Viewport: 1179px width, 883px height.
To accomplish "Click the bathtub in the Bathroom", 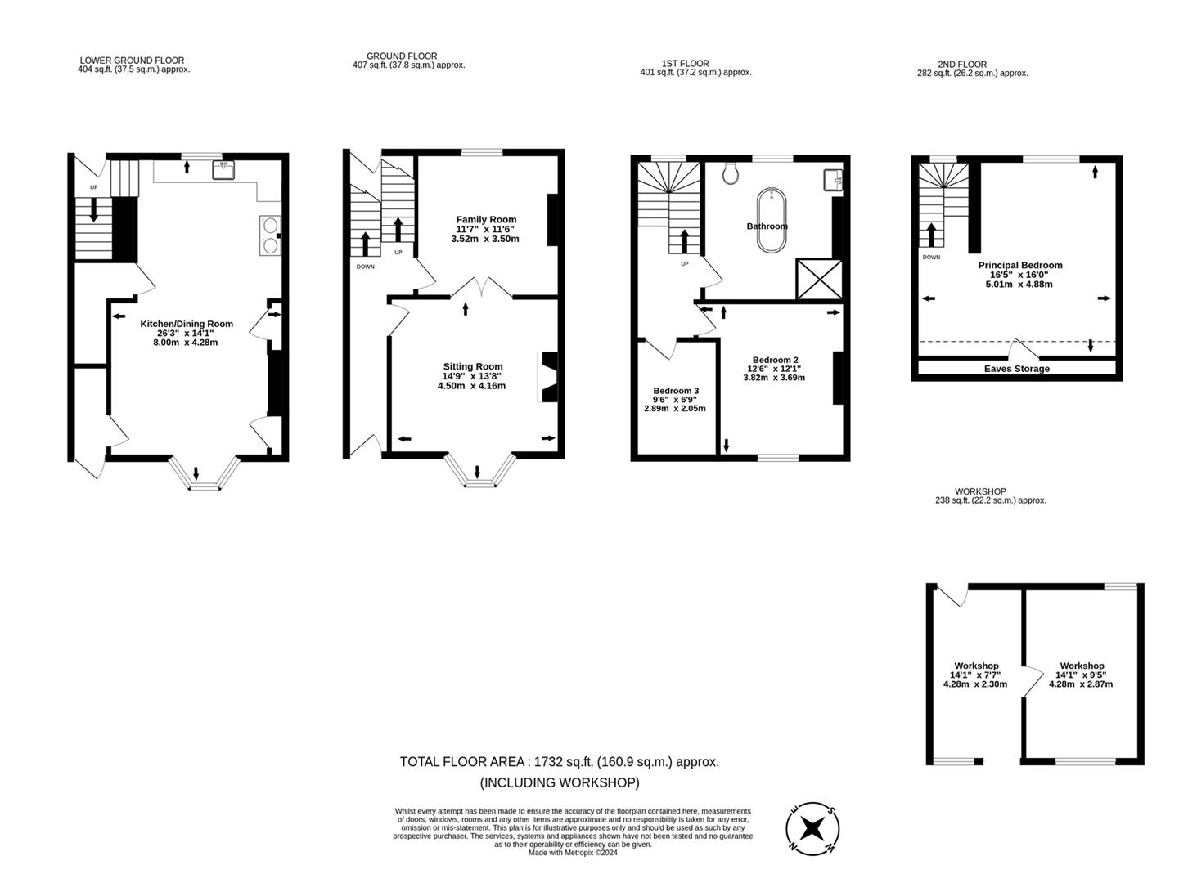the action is (772, 220).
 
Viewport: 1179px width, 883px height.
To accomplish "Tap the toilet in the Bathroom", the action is (730, 173).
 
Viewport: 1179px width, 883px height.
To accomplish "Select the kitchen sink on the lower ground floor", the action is (223, 169).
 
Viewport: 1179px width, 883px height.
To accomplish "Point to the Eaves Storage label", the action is (1016, 369).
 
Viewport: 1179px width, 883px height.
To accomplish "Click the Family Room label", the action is (486, 220).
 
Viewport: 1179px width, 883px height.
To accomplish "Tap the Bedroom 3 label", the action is (676, 391).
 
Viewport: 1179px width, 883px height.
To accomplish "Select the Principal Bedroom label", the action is (1020, 265).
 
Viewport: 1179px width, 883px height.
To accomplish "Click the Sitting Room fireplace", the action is (547, 377).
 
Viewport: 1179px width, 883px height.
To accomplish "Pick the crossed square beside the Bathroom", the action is (819, 279).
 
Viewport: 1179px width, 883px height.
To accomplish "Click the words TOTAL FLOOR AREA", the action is (462, 762).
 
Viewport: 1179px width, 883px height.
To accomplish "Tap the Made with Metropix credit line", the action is (573, 853).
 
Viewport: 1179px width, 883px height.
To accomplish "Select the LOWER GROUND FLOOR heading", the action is (132, 61).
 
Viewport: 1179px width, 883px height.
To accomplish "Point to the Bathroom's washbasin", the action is (833, 180).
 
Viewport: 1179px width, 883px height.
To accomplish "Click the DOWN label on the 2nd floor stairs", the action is (931, 257).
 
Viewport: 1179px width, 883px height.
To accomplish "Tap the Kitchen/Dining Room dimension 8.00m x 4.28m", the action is (185, 343).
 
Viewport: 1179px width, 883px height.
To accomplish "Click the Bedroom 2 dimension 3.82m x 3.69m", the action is (774, 378).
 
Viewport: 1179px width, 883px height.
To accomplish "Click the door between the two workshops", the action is (1032, 681).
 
